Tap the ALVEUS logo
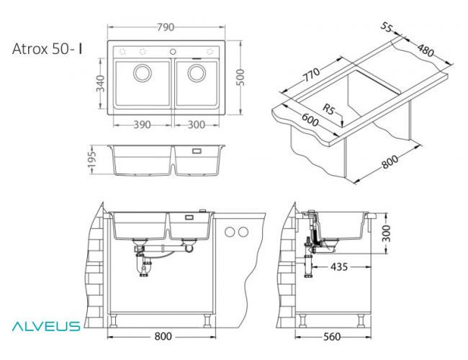coord(45,326)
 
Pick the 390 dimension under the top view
coord(142,125)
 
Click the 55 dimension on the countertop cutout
coord(387,27)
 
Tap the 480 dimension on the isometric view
coord(426,52)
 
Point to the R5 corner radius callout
coord(329,110)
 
